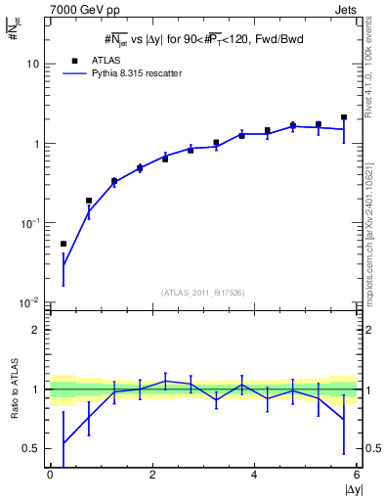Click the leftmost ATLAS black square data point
coord(64,244)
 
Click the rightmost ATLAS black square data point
coord(344,117)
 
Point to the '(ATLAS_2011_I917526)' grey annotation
coord(203,293)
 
